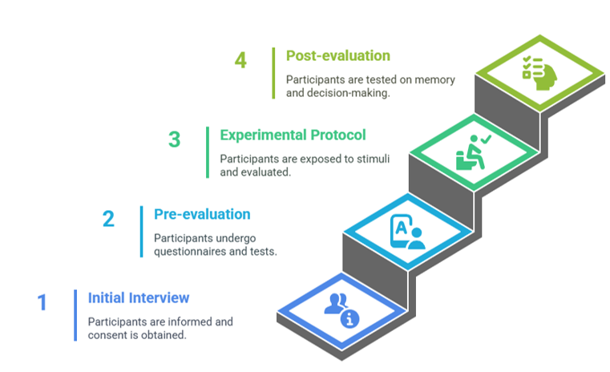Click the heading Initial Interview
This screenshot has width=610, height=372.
(139, 297)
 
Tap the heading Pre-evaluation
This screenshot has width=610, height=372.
(202, 214)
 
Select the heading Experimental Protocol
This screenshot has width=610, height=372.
(293, 135)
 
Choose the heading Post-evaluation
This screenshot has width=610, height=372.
(338, 55)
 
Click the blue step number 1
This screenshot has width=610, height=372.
(42, 302)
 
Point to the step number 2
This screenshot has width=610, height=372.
(108, 218)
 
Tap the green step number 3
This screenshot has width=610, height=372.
(174, 139)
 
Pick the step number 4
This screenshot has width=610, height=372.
(240, 60)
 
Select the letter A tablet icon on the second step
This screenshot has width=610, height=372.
(408, 232)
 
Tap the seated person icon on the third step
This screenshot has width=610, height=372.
(474, 152)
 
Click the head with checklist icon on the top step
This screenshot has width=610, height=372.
(539, 73)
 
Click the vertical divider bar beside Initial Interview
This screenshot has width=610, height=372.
(75, 315)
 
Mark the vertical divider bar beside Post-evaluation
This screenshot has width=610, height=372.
(273, 73)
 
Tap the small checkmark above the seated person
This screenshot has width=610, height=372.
(486, 139)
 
